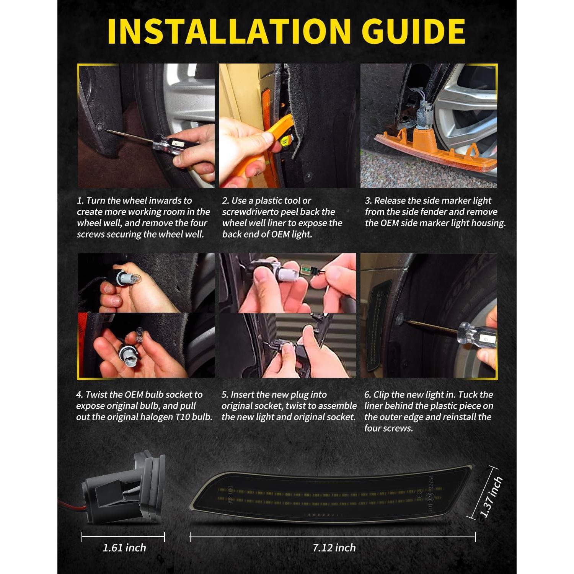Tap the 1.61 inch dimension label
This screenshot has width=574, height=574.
point(124,548)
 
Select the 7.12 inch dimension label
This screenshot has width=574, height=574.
point(334,548)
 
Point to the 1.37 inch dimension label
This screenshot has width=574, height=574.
point(491,497)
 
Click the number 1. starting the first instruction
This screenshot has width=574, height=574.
point(80,201)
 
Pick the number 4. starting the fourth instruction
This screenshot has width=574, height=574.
point(79,395)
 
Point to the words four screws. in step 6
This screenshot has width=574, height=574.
point(388,428)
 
